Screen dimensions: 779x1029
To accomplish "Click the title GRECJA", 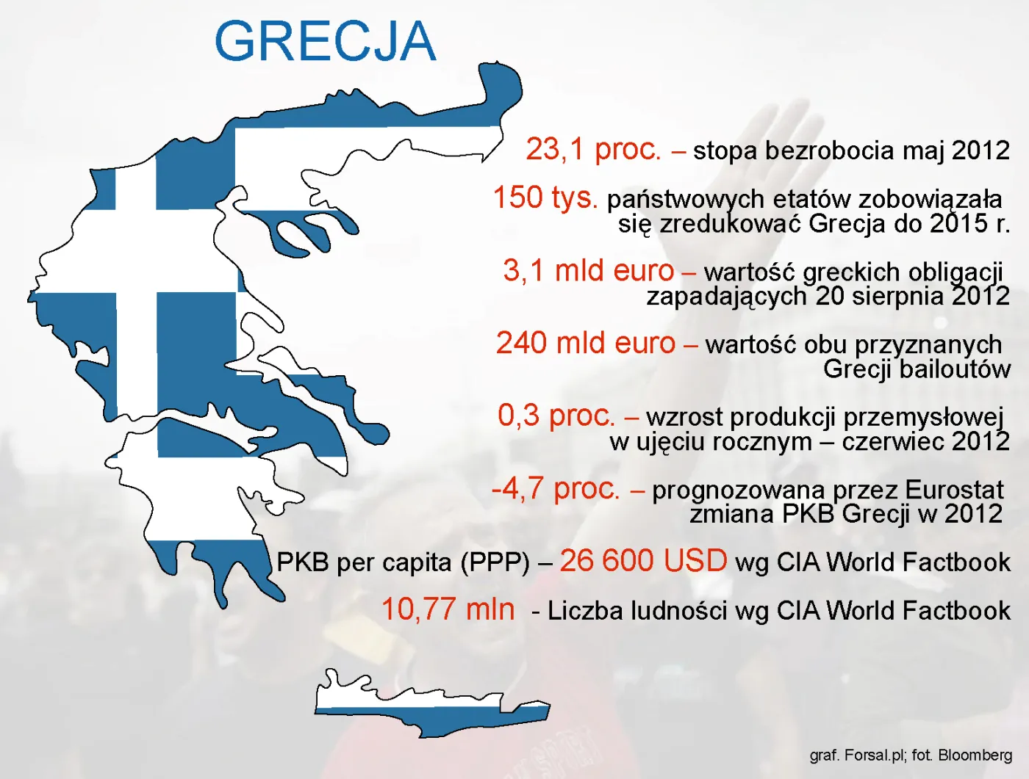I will tap(325, 42).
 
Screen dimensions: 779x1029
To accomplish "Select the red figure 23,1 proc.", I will tap(593, 149).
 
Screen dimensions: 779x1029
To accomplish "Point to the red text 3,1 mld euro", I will tap(588, 270).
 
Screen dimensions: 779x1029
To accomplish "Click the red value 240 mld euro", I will tap(585, 343).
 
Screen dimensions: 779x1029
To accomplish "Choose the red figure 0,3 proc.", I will tap(556, 416).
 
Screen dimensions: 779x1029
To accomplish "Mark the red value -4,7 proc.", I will tap(556, 488).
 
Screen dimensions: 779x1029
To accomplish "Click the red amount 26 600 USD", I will tap(643, 561).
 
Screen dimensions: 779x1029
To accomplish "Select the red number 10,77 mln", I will tap(448, 609).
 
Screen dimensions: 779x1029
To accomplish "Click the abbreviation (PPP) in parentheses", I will tap(495, 562).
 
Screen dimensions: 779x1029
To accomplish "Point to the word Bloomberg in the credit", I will tap(975, 755).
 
